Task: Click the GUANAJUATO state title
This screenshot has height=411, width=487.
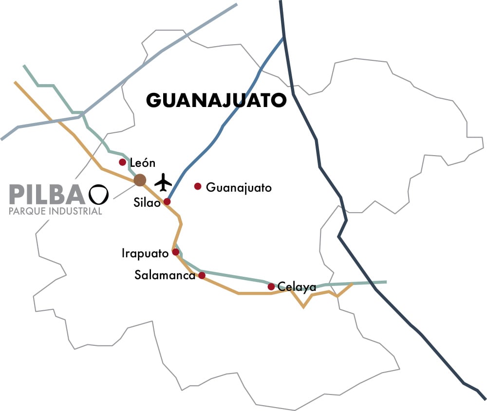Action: point(216,101)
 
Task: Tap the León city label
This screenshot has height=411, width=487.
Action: point(142,163)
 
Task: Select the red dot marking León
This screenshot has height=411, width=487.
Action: point(123,162)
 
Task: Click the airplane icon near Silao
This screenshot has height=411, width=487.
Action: point(164,183)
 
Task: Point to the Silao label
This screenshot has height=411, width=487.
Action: point(147,203)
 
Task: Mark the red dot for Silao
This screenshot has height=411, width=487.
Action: point(167,201)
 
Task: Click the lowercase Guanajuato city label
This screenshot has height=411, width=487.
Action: point(239,187)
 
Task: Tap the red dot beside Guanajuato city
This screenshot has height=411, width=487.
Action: point(198,186)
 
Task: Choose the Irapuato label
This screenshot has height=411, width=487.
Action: point(145,253)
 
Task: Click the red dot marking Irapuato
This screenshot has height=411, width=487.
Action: point(176,252)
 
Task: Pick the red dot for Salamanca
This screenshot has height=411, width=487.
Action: point(202,275)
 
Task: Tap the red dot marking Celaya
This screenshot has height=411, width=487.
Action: point(271,286)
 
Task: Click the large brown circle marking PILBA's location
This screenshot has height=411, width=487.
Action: point(140,180)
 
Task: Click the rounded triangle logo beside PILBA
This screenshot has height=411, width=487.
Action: point(98,194)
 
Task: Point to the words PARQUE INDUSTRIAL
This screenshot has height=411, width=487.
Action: point(56,211)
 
